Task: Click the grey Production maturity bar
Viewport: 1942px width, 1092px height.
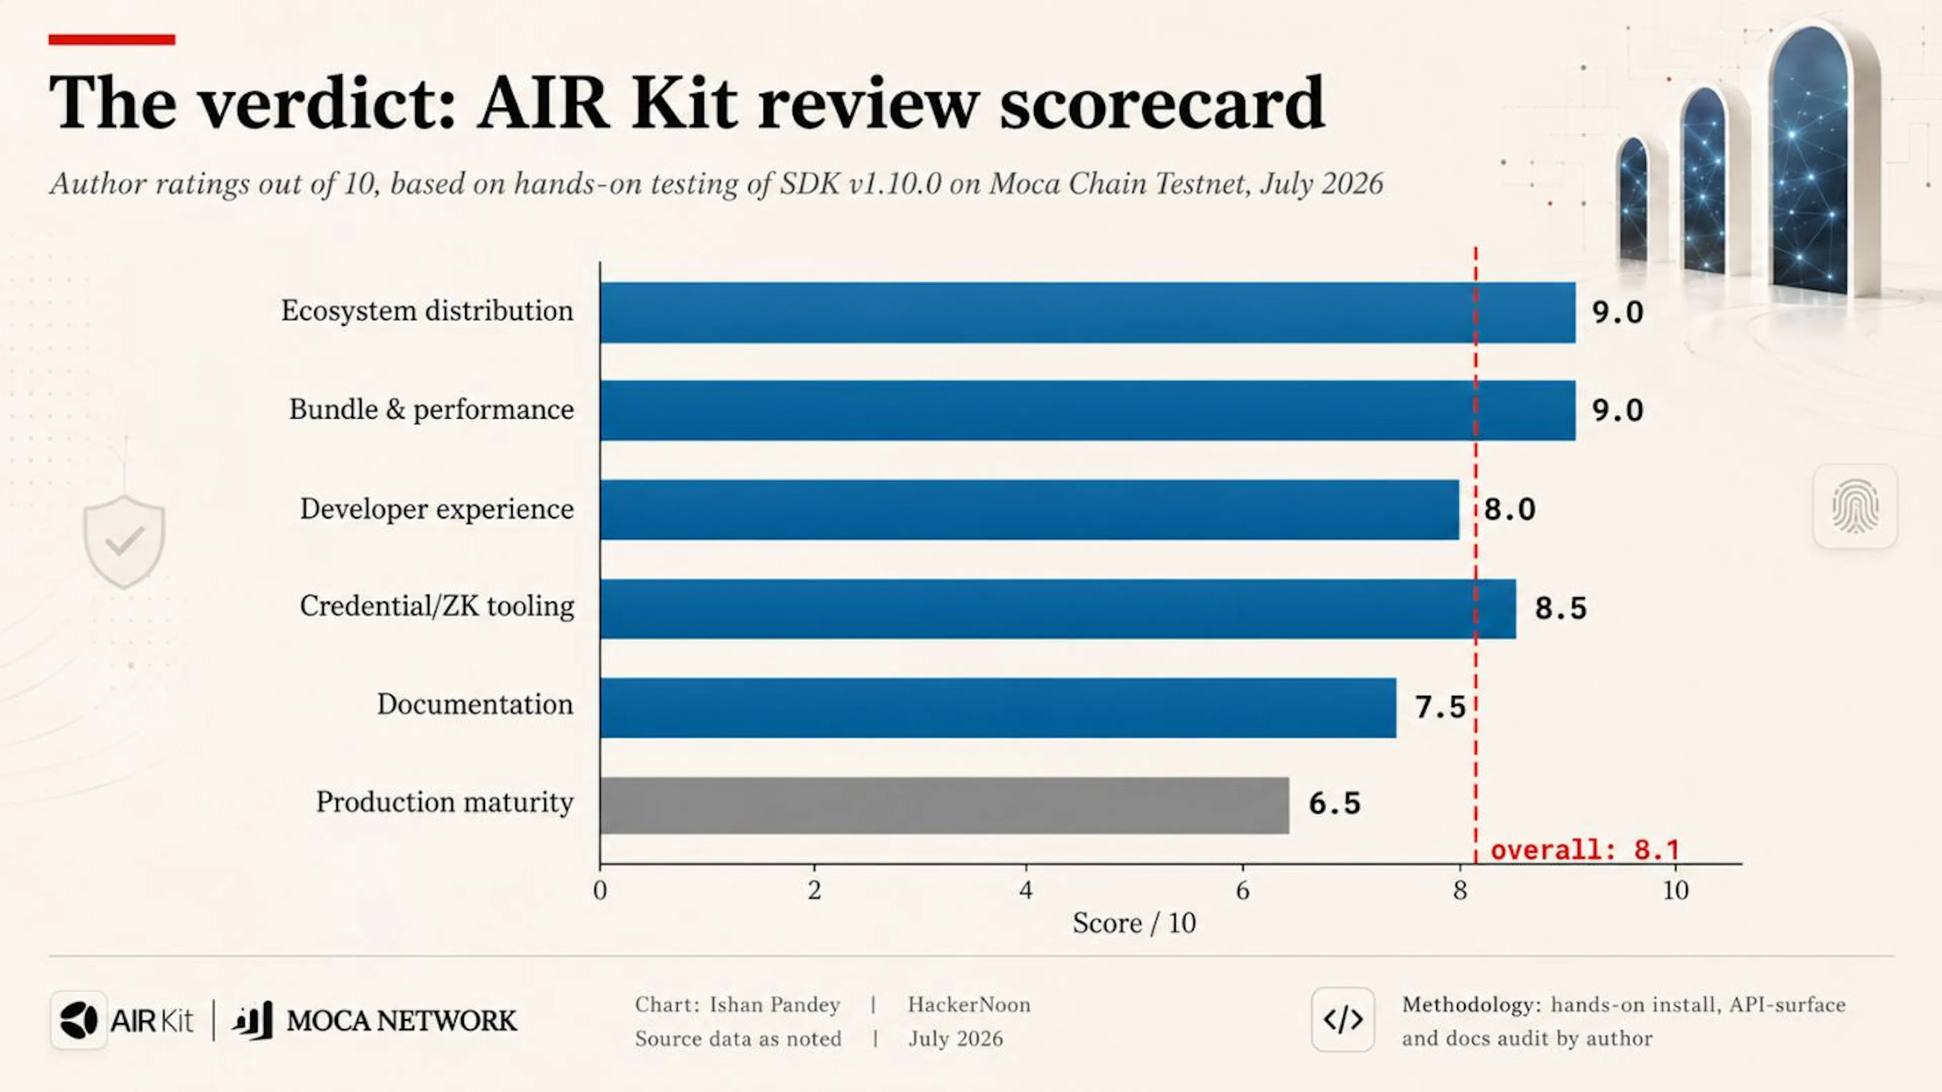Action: [x=945, y=805]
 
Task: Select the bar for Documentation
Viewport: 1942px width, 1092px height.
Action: [x=998, y=708]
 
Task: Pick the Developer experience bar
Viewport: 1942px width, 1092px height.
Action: [x=1030, y=510]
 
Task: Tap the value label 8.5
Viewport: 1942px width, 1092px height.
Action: [x=1561, y=608]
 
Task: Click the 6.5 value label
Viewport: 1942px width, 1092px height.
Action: [x=1335, y=803]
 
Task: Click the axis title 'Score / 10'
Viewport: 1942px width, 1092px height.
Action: [x=1134, y=923]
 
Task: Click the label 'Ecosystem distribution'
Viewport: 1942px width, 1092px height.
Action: [x=427, y=311]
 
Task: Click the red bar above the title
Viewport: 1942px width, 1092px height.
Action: [x=112, y=39]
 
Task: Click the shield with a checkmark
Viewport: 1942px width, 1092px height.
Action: [x=124, y=542]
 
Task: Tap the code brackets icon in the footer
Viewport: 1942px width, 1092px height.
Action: [x=1343, y=1020]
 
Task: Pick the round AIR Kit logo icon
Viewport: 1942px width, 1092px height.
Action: [x=78, y=1020]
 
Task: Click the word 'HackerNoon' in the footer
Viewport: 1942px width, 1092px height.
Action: [x=969, y=1004]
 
